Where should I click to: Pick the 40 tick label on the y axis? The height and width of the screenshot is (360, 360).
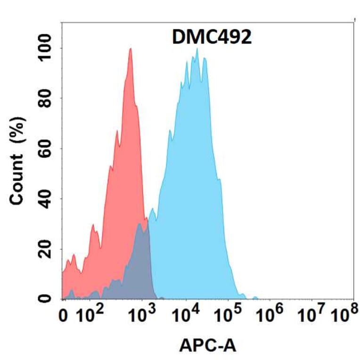tap(46, 198)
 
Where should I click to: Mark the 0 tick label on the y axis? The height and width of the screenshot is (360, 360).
tap(46, 298)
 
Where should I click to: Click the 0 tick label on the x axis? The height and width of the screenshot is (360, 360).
tap(67, 316)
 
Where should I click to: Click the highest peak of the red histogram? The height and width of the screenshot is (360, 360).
tap(131, 49)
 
